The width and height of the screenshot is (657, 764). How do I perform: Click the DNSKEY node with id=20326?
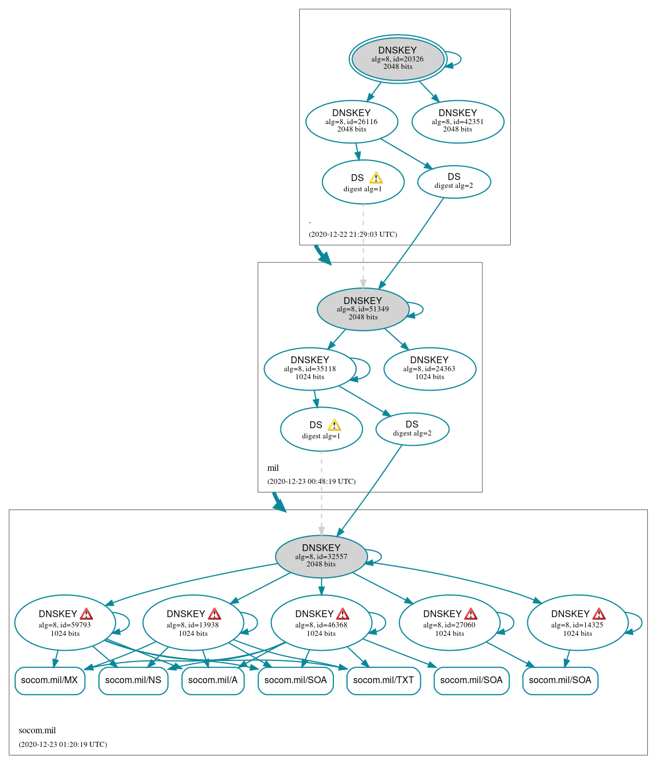click(398, 59)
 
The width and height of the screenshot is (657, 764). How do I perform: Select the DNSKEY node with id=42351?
click(457, 121)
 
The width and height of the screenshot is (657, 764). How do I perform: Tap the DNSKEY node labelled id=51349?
click(363, 309)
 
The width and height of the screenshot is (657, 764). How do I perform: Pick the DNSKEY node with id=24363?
click(429, 369)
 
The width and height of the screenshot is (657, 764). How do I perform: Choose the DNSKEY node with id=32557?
click(321, 556)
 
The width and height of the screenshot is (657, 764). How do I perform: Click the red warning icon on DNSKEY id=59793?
click(86, 614)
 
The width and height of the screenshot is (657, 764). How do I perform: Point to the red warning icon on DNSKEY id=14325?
click(599, 614)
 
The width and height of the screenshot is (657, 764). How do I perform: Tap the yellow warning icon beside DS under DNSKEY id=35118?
click(334, 425)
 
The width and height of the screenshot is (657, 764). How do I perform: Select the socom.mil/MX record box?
click(49, 680)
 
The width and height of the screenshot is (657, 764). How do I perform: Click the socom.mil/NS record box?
click(133, 680)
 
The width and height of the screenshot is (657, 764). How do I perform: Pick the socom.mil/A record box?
click(213, 680)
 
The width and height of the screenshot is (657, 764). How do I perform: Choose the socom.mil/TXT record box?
click(383, 680)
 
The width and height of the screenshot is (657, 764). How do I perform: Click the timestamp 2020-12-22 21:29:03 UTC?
click(353, 235)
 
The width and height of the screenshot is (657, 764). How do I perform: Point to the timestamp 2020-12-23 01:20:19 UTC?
click(63, 744)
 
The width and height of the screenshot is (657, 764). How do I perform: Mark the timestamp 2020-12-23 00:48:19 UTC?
click(311, 482)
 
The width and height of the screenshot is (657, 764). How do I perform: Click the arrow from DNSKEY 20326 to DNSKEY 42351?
click(429, 91)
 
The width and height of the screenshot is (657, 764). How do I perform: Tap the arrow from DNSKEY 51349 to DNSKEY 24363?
click(396, 339)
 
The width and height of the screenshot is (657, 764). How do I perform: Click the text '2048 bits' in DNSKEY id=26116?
click(352, 129)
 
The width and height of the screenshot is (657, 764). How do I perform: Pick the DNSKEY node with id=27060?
click(449, 623)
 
